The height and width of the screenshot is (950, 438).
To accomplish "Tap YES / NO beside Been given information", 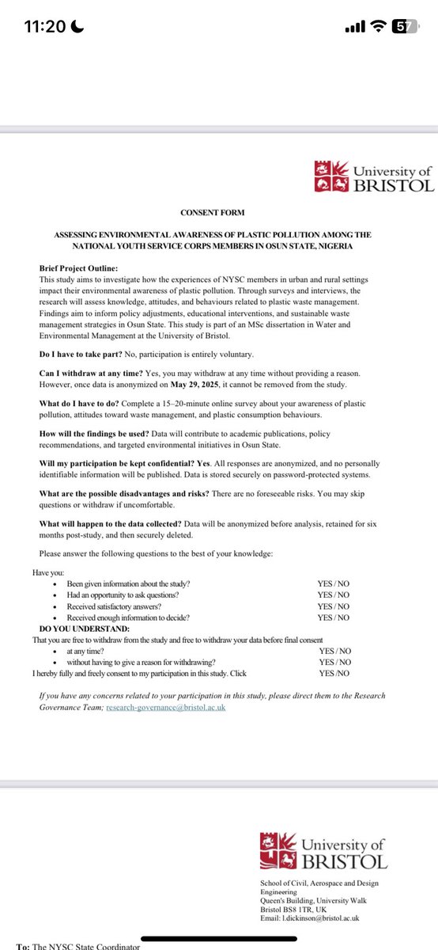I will [x=334, y=584].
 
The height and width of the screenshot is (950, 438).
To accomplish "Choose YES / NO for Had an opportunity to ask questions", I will [x=334, y=595].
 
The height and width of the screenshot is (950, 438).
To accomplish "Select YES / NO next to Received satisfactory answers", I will [x=334, y=606].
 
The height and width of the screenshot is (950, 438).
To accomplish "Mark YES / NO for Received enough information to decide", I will [x=334, y=617].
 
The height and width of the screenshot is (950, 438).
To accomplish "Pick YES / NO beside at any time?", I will [x=335, y=651].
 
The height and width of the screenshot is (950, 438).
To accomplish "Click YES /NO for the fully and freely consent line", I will [x=334, y=673].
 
